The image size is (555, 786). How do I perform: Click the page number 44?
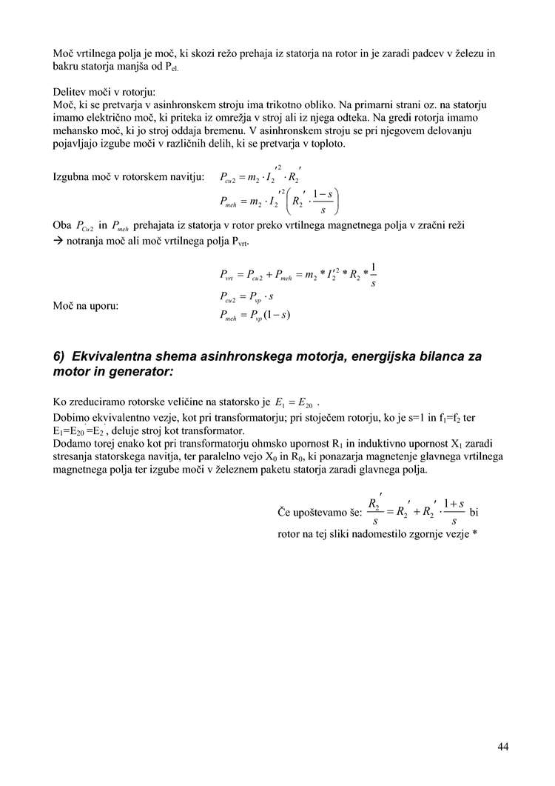(502, 747)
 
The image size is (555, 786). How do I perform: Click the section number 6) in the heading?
(61, 356)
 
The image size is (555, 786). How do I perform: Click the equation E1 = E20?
(294, 404)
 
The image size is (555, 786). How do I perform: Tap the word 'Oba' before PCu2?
(63, 224)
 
